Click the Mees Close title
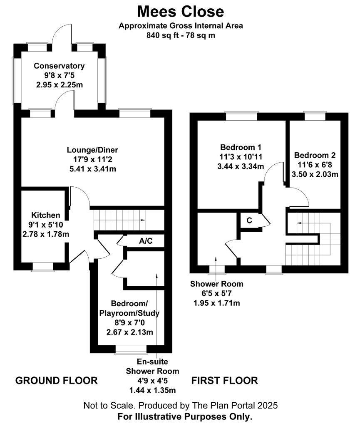180,12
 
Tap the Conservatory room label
59,66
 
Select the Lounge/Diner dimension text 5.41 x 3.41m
93,169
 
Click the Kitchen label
46,215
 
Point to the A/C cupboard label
146,241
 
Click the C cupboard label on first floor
249,220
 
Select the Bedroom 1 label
241,147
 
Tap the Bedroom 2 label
315,155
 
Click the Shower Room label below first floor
216,284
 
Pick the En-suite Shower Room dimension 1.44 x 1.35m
152,390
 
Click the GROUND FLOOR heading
57,380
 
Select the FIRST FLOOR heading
225,380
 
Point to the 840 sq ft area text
163,35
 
